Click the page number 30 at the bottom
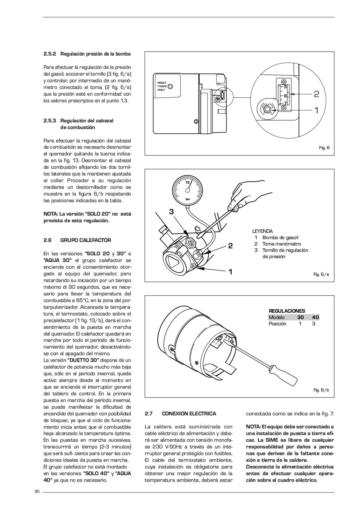(x=37, y=491)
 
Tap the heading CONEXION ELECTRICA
(x=189, y=414)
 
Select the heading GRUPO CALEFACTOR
(x=86, y=240)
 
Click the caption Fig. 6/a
(x=321, y=274)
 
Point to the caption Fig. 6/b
(x=321, y=390)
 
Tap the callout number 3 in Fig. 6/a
(x=171, y=212)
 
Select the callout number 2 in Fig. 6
(x=316, y=94)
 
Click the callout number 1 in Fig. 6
(x=316, y=110)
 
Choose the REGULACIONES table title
(x=287, y=311)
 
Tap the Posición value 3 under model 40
(x=314, y=324)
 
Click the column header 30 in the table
(x=301, y=317)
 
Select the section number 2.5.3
(x=50, y=121)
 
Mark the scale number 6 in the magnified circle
(x=285, y=95)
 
